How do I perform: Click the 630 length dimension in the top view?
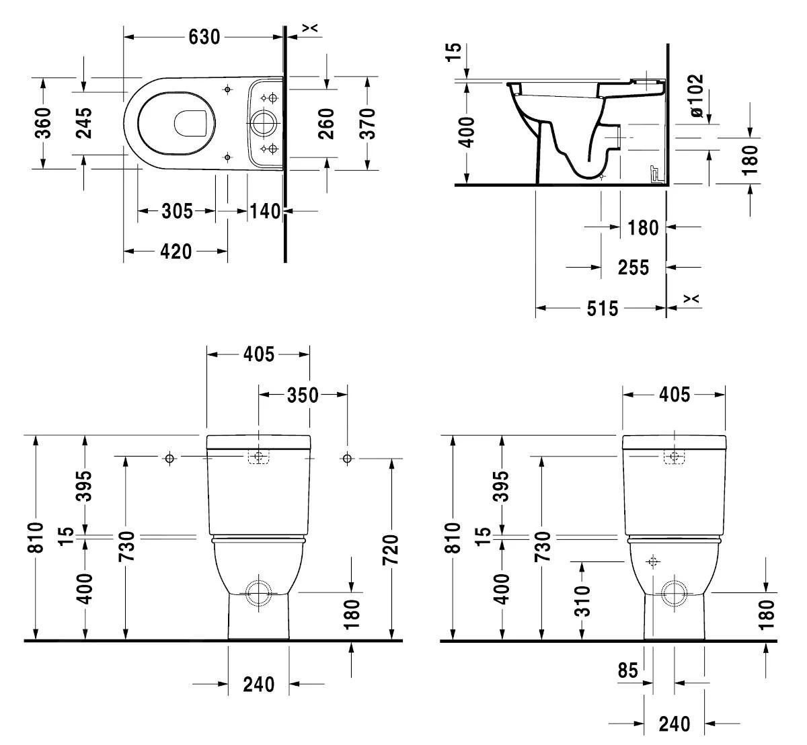point(204,37)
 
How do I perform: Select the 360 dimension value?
point(43,122)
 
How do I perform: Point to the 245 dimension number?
point(84,122)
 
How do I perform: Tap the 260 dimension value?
point(327,123)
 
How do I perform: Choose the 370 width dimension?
point(367,123)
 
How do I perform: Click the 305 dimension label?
point(176,212)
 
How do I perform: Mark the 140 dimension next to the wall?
point(265,212)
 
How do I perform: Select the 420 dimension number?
point(176,252)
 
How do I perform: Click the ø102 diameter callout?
point(696,95)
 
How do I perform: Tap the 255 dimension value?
point(633,268)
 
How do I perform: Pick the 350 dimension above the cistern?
point(302,395)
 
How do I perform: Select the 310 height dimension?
point(582,600)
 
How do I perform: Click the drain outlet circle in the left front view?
point(258,592)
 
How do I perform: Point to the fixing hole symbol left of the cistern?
point(169,459)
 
